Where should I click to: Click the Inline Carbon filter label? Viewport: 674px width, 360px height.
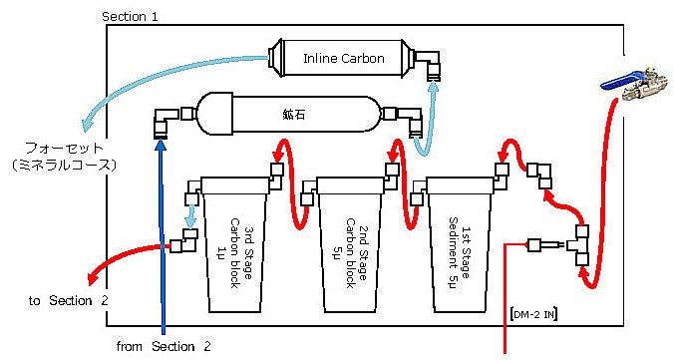[343, 59]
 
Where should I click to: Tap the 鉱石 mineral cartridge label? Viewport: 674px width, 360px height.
[294, 115]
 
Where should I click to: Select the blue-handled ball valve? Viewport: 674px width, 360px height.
[634, 85]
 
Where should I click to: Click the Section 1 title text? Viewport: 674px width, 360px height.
[130, 17]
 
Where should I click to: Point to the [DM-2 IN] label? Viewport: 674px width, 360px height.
[533, 314]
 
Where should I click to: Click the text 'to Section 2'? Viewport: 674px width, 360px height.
[69, 300]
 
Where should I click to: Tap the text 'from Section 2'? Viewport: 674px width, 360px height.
[164, 346]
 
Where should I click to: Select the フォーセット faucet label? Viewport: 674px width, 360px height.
[65, 148]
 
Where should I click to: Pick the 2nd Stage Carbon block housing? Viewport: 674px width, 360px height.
[350, 244]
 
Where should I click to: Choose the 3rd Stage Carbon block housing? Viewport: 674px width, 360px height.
[235, 244]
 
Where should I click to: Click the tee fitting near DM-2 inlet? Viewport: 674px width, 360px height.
[578, 244]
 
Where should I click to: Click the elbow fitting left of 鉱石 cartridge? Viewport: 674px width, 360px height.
[166, 122]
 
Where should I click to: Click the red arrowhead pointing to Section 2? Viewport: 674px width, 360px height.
[91, 278]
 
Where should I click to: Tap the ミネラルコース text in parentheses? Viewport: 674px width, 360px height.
[65, 166]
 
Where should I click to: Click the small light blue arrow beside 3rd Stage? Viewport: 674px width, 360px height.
[190, 216]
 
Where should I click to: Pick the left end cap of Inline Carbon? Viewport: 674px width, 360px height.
[276, 59]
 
